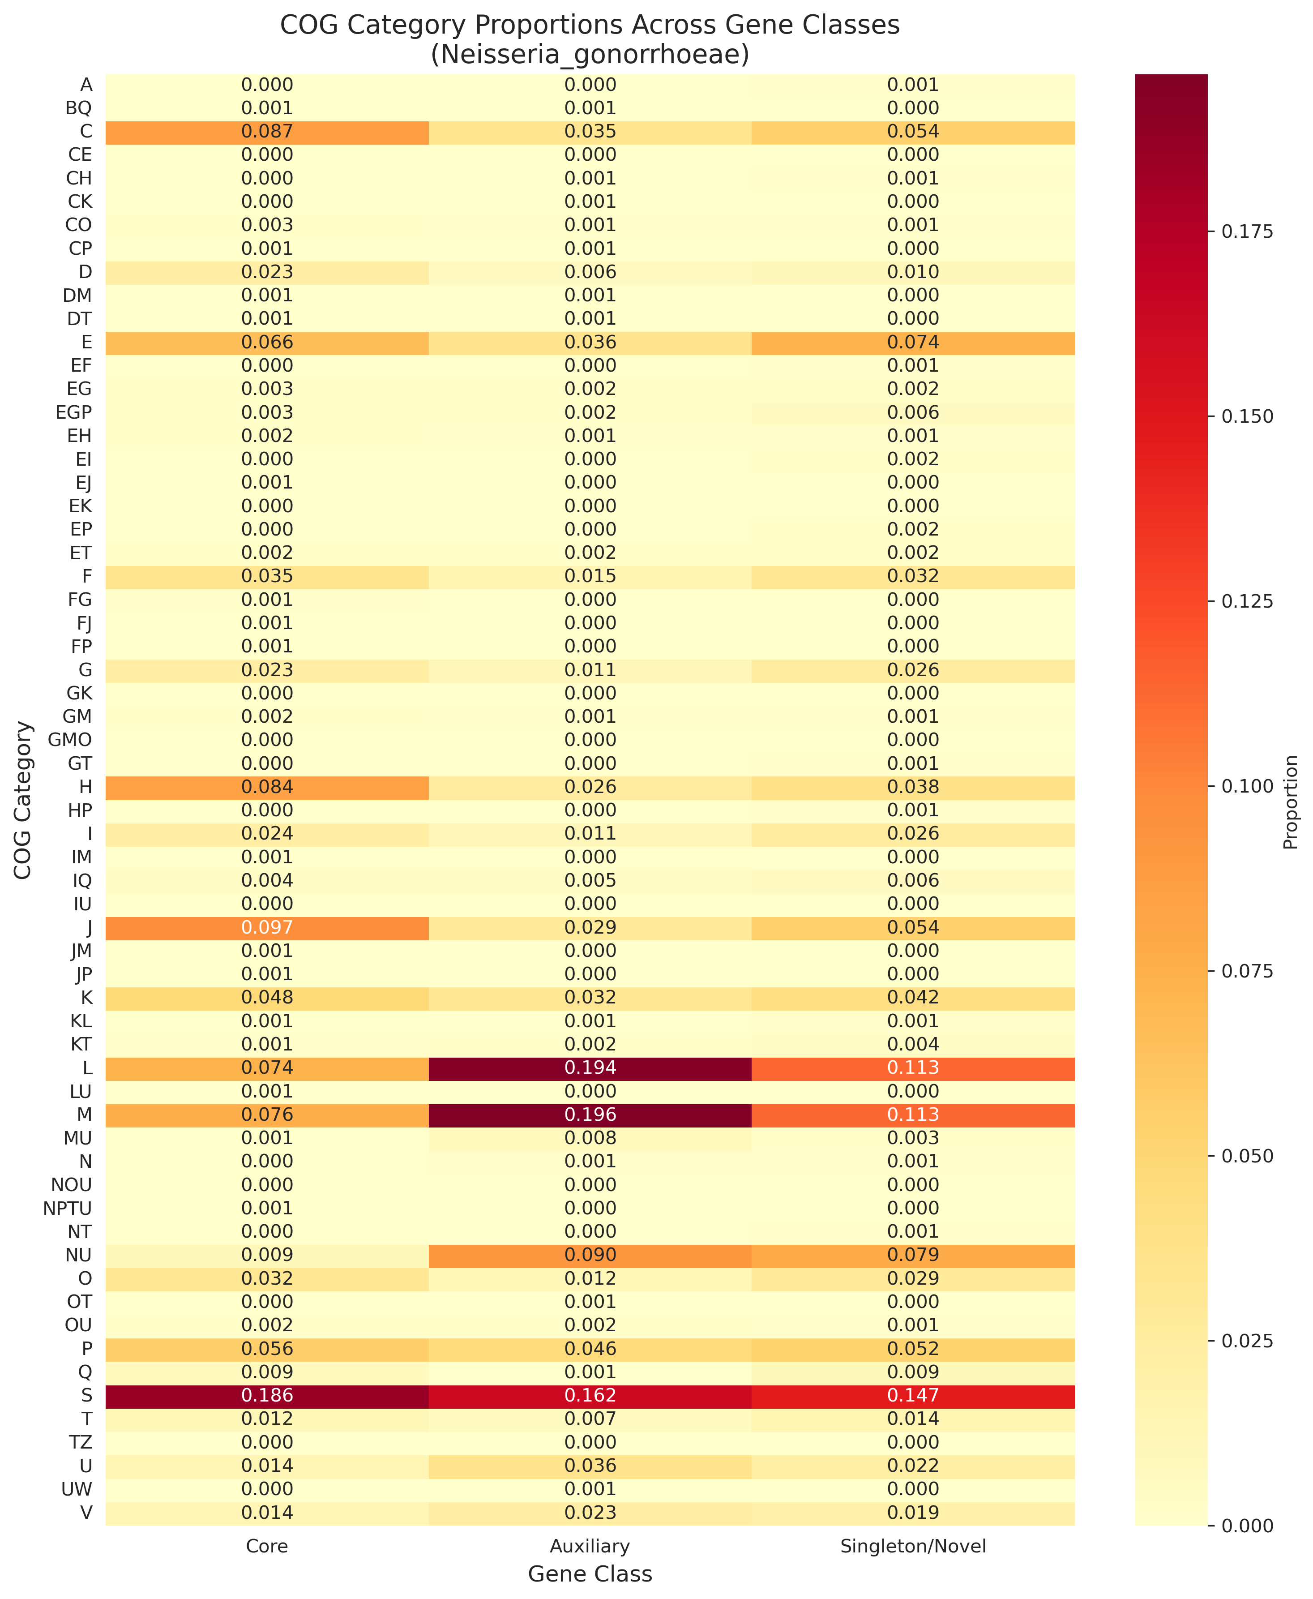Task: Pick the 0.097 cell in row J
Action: pos(267,927)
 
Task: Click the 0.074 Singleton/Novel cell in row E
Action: pos(913,343)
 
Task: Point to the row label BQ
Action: pos(79,108)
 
